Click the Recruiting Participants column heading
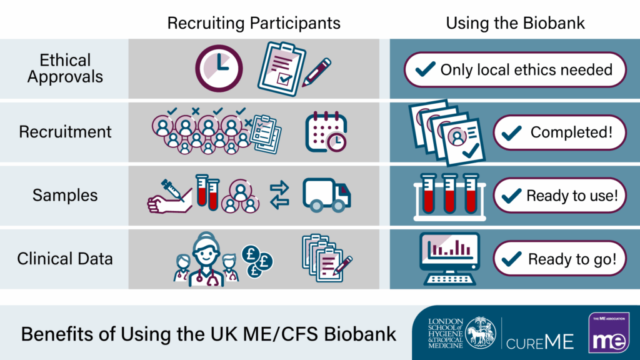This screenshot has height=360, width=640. pyautogui.click(x=253, y=23)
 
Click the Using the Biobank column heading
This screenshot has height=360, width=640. pyautogui.click(x=515, y=23)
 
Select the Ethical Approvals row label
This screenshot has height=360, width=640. pyautogui.click(x=65, y=69)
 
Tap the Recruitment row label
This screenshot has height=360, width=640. pyautogui.click(x=65, y=132)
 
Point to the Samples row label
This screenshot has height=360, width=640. pyautogui.click(x=65, y=195)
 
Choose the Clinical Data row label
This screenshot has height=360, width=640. pyautogui.click(x=65, y=258)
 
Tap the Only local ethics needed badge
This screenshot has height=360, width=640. pyautogui.click(x=514, y=69)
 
